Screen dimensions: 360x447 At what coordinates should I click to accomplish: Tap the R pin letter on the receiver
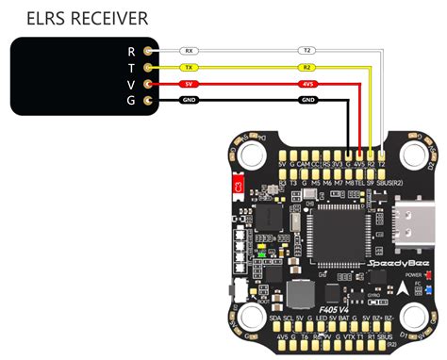(131, 51)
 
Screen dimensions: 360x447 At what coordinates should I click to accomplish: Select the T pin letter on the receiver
(131, 68)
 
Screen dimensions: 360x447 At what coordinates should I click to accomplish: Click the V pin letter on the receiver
(131, 85)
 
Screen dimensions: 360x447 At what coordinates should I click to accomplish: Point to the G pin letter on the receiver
(131, 101)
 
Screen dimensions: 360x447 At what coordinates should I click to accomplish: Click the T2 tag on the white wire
(307, 51)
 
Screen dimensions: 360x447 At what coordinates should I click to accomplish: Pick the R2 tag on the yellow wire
(307, 68)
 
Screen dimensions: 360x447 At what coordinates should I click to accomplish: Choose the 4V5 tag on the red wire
(307, 84)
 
